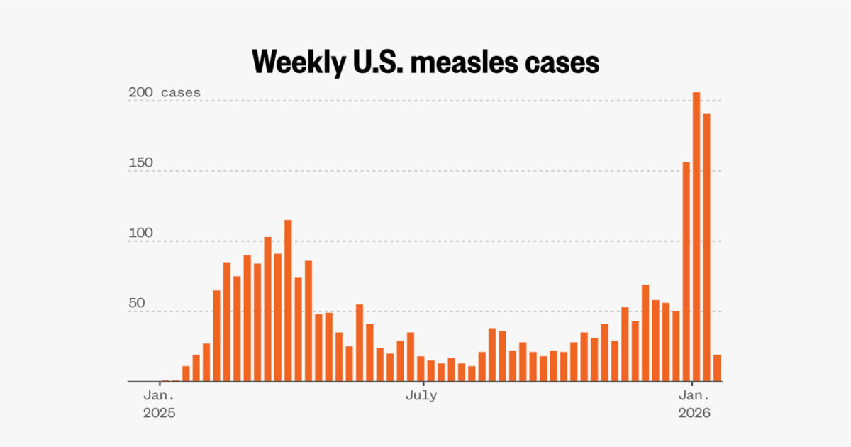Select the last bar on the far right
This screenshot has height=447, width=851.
pos(717,368)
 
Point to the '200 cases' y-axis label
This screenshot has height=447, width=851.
pos(165,93)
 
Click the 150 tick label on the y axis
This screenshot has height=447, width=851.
pos(141,162)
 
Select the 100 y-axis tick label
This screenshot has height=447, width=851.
pos(141,233)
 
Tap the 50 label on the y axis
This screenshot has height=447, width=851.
pos(137,303)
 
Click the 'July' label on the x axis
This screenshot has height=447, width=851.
pos(421,396)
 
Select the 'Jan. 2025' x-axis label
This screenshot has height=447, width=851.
pos(159,403)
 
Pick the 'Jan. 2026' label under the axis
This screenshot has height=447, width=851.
pos(691,403)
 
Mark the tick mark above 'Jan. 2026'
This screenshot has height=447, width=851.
pos(691,384)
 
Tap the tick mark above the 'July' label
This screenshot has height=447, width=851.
pos(421,384)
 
